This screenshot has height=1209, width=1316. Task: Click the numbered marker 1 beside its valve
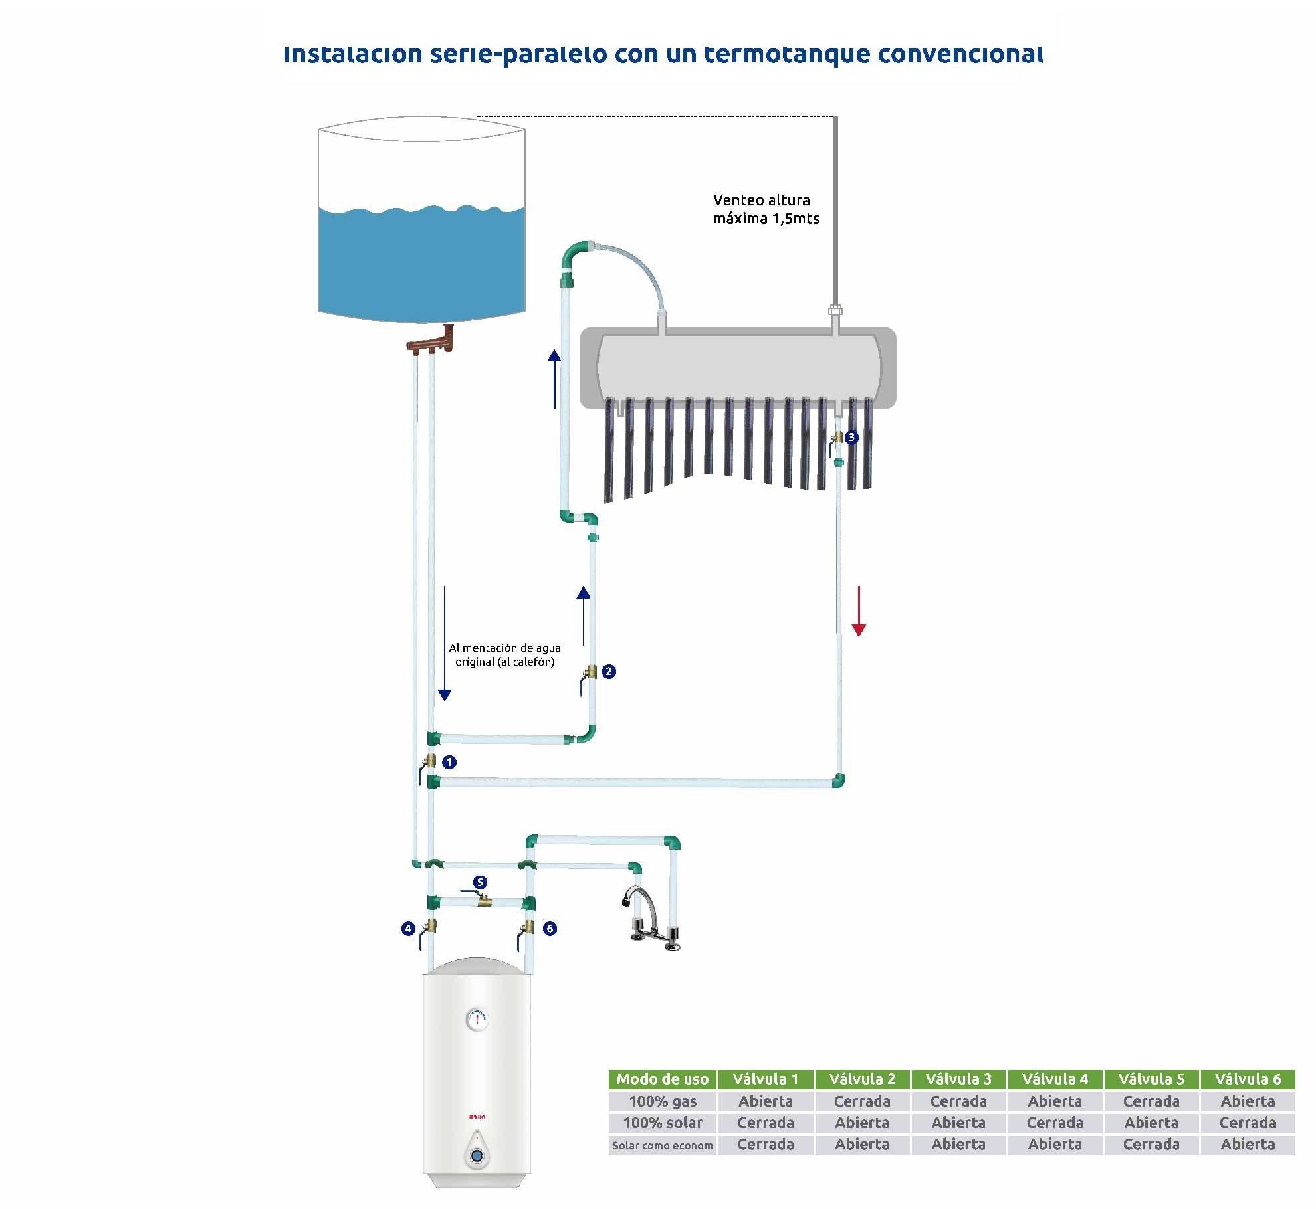[449, 762]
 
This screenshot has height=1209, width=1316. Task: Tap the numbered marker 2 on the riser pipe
[609, 672]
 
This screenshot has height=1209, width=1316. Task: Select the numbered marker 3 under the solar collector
[851, 437]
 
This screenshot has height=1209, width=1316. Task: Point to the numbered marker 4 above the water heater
[408, 929]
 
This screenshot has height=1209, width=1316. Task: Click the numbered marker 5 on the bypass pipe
[480, 882]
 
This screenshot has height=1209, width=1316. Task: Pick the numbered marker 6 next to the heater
[550, 929]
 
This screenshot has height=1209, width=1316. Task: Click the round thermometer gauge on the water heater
[477, 1018]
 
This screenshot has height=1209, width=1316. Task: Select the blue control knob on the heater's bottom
[477, 1157]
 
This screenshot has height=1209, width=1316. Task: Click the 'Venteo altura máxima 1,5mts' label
[766, 209]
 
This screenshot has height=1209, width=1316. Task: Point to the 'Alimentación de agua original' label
[504, 654]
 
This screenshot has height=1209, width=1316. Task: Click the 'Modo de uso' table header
[663, 1079]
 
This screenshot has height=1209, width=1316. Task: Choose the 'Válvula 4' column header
[1055, 1079]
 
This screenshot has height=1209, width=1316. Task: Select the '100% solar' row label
[663, 1123]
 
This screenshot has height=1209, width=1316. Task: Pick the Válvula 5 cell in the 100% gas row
[1151, 1101]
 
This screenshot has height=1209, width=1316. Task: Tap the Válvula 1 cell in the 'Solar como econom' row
[766, 1145]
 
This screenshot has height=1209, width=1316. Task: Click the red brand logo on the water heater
[477, 1117]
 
